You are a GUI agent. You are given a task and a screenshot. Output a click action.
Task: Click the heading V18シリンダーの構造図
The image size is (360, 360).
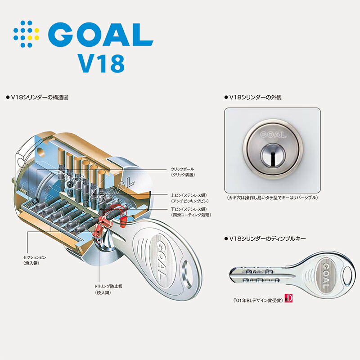tap(38, 97)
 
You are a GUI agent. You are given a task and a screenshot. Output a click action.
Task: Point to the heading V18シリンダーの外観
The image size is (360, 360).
tap(254, 97)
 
